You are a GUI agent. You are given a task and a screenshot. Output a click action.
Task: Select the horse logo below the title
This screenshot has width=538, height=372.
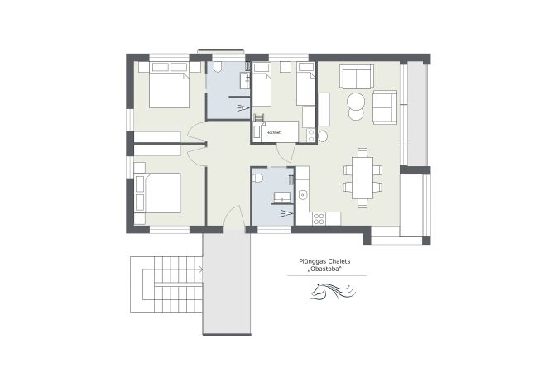tap(329, 291)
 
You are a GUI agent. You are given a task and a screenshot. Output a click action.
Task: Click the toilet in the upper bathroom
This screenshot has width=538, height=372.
tap(223, 69)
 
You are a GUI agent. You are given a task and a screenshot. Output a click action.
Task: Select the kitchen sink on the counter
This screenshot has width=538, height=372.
tap(303, 195)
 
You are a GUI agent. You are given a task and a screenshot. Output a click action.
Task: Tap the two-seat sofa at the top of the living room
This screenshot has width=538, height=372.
tap(357, 77)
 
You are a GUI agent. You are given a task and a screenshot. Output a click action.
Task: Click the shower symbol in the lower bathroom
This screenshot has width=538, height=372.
tap(286, 212)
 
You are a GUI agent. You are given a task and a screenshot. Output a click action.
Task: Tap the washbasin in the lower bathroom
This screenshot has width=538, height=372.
tap(282, 197)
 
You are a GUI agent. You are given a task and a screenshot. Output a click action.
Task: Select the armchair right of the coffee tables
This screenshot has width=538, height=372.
tap(385, 105)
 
